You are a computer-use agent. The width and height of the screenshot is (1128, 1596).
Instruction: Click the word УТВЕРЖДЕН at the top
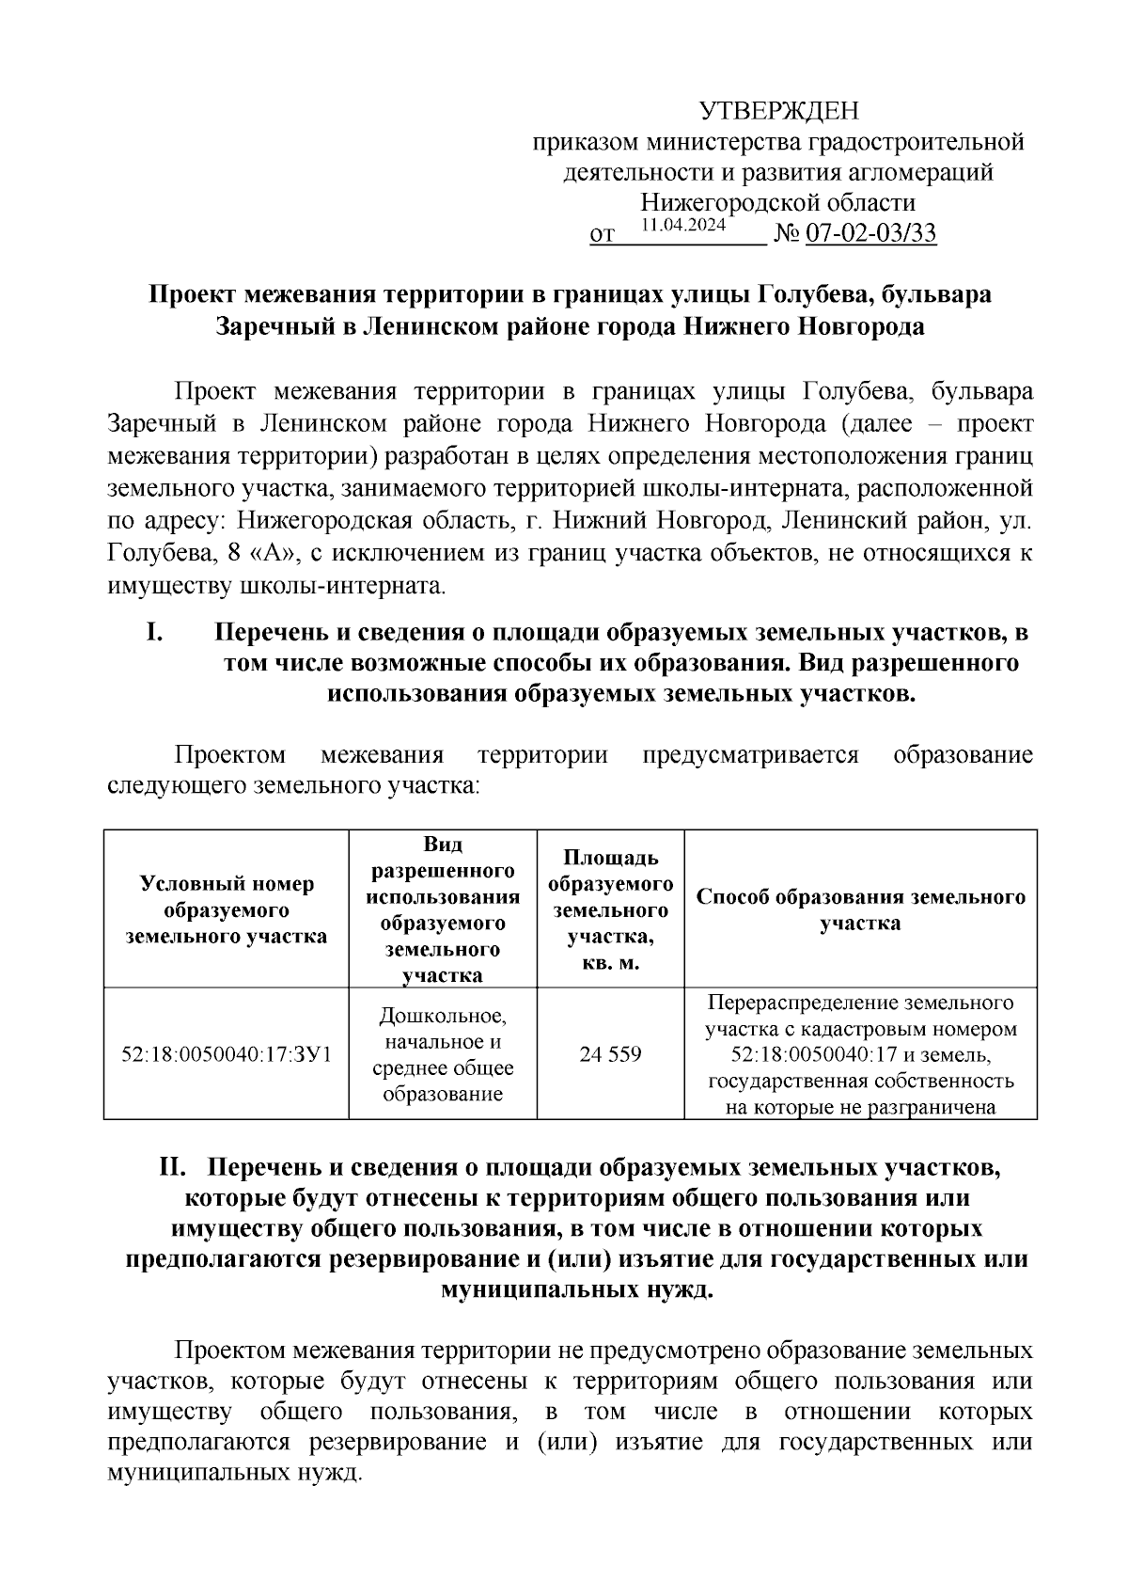coord(778,112)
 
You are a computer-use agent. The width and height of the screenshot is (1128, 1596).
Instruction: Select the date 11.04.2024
coord(683,226)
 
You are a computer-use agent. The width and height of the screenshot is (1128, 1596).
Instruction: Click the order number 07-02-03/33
coord(869,234)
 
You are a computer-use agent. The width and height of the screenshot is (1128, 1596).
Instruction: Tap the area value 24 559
coord(610,1054)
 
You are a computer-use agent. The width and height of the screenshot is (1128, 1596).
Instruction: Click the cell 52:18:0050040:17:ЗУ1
coord(227,1054)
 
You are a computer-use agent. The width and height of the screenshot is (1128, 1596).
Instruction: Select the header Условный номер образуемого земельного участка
coord(227,909)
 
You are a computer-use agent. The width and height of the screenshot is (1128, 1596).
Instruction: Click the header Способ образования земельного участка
coord(860,909)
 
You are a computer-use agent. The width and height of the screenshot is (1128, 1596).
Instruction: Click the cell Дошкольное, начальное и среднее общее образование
coord(443,1054)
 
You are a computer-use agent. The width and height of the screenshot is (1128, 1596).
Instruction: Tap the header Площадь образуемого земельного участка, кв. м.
coord(610,909)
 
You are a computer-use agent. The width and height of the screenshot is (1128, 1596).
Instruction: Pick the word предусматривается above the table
coord(750,754)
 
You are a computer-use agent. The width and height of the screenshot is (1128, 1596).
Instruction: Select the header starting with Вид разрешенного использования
coord(443,909)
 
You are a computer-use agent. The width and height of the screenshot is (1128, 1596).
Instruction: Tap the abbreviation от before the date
coord(602,235)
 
